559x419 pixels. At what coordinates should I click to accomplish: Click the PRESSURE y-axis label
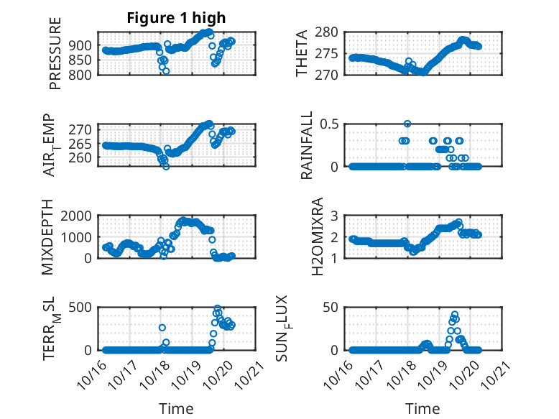coord(56,54)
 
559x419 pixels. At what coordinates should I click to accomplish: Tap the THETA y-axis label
coord(302,54)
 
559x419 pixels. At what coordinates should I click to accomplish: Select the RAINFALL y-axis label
coord(306,145)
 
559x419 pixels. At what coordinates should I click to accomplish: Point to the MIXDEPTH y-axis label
coord(48,236)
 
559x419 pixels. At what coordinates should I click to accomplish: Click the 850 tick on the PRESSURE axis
coord(83,60)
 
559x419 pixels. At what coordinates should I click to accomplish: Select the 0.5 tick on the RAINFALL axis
coord(327,124)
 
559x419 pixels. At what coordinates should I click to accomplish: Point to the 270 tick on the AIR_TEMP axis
coord(83,129)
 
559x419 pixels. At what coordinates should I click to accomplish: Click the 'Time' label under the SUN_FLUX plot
coord(422,408)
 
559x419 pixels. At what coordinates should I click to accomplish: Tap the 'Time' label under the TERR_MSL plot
coord(176,408)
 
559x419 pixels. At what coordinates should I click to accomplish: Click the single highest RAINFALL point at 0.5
coord(407,124)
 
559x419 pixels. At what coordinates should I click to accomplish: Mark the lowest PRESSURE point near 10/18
coord(166,71)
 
